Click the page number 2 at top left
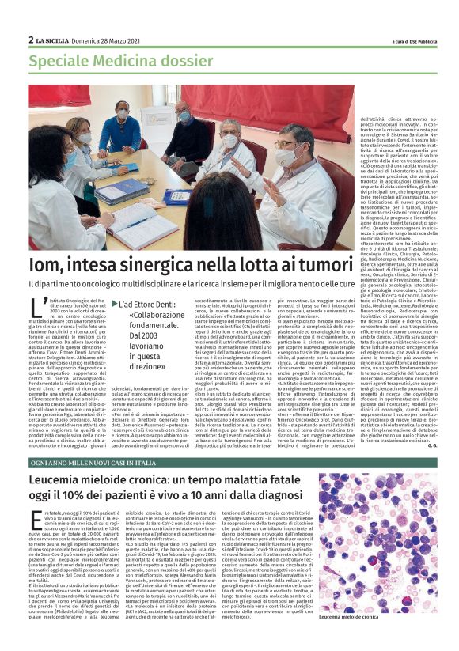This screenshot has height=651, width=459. [31, 40]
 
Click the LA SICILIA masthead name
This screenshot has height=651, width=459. [55, 40]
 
